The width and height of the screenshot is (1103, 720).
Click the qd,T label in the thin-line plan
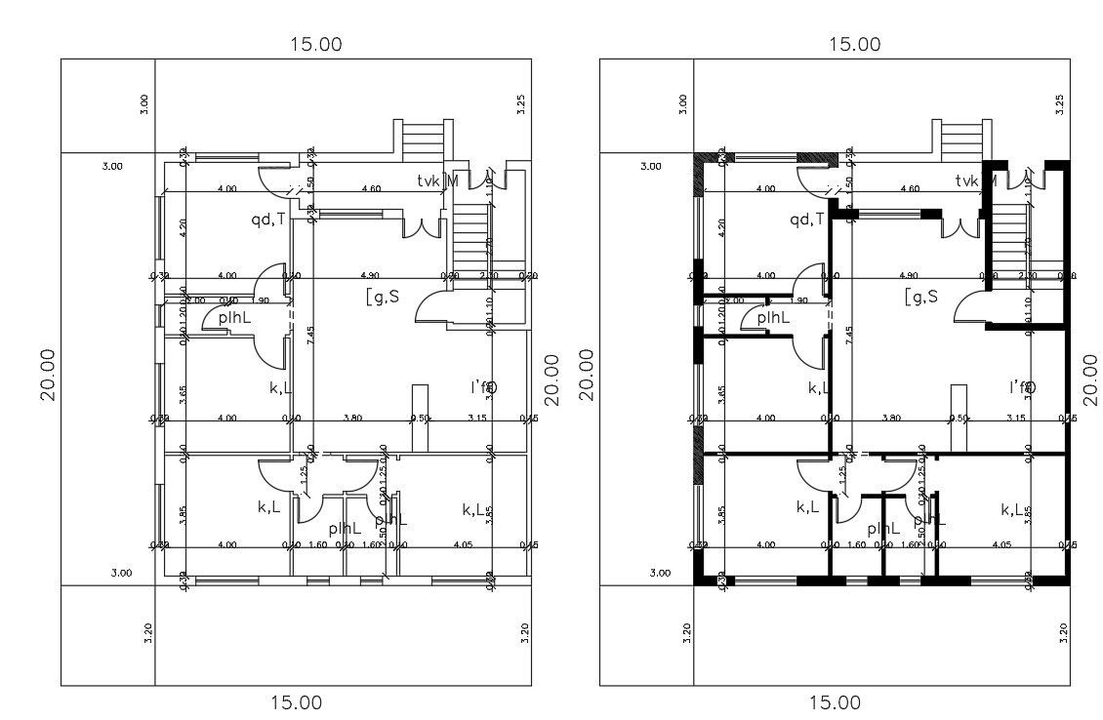(267, 220)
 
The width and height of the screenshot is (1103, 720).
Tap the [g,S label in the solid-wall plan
(920, 297)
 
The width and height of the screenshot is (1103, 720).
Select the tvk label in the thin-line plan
(428, 180)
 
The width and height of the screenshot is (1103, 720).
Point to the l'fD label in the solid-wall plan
(1021, 387)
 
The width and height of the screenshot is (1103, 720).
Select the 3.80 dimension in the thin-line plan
(352, 418)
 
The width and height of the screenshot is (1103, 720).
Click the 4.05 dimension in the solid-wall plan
(1001, 545)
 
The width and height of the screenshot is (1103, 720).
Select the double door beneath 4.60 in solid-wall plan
(960, 226)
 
